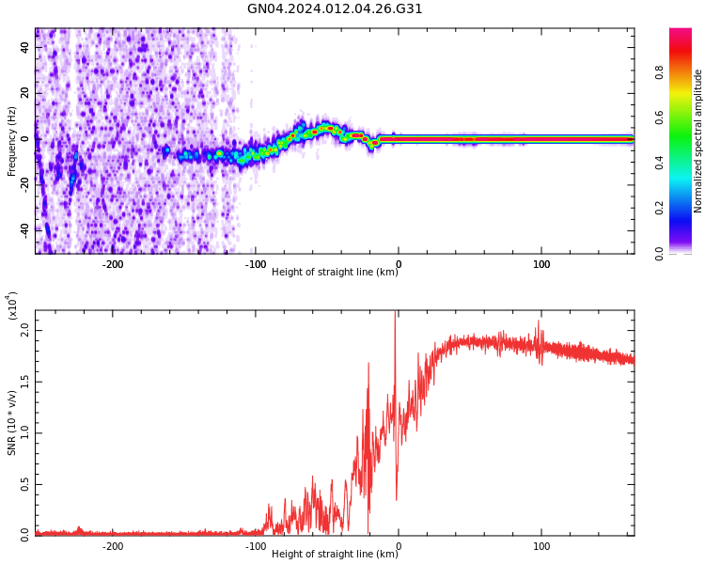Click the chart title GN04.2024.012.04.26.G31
point(335,9)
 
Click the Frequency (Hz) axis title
point(12,141)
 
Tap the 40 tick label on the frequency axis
point(25,47)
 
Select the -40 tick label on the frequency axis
point(25,228)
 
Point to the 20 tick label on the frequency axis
point(25,93)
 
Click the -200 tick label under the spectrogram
point(113,264)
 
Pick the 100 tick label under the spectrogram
point(541,264)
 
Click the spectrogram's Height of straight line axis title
point(335,273)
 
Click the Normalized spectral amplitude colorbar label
point(698,141)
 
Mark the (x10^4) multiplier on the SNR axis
point(13,305)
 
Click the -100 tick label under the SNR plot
point(256,546)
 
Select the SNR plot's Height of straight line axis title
point(335,555)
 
